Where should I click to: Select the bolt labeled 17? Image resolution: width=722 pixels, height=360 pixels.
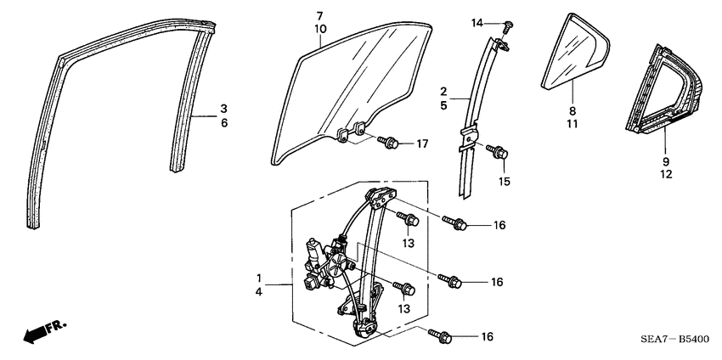tap(390, 143)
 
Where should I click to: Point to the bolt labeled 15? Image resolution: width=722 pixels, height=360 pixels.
tap(498, 154)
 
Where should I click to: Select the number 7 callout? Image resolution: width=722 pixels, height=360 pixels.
tap(319, 16)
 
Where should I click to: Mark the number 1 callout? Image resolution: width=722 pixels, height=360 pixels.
tap(260, 278)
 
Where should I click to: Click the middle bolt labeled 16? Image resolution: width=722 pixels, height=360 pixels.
tap(448, 278)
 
